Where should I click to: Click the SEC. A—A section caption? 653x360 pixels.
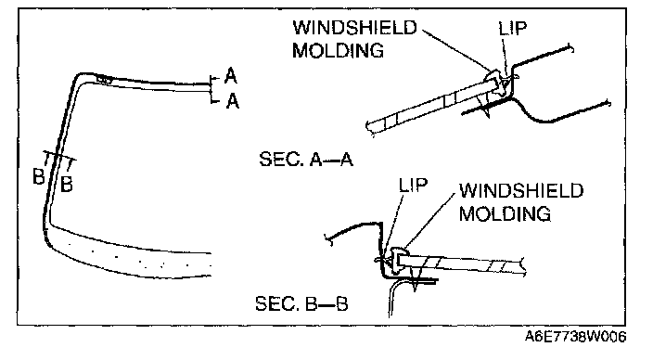306,160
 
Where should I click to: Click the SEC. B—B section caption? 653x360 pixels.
301,303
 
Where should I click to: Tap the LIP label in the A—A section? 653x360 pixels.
513,29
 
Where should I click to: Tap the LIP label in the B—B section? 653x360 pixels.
413,185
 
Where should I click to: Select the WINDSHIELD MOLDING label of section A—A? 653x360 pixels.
354,39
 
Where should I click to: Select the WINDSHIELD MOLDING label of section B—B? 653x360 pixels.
521,202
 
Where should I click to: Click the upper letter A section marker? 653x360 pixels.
231,76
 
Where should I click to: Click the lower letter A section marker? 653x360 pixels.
233,101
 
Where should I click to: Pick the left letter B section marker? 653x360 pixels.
39,176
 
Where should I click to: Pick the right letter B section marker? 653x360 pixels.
67,184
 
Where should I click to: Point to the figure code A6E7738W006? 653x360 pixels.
575,336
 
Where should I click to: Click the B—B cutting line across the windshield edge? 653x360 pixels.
59,156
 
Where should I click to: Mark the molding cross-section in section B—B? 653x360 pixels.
396,258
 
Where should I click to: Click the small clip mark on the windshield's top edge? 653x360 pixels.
104,78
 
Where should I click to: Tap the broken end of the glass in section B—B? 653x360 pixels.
523,266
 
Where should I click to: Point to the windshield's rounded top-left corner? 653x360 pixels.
78,77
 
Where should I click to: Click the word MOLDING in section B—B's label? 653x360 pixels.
505,214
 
